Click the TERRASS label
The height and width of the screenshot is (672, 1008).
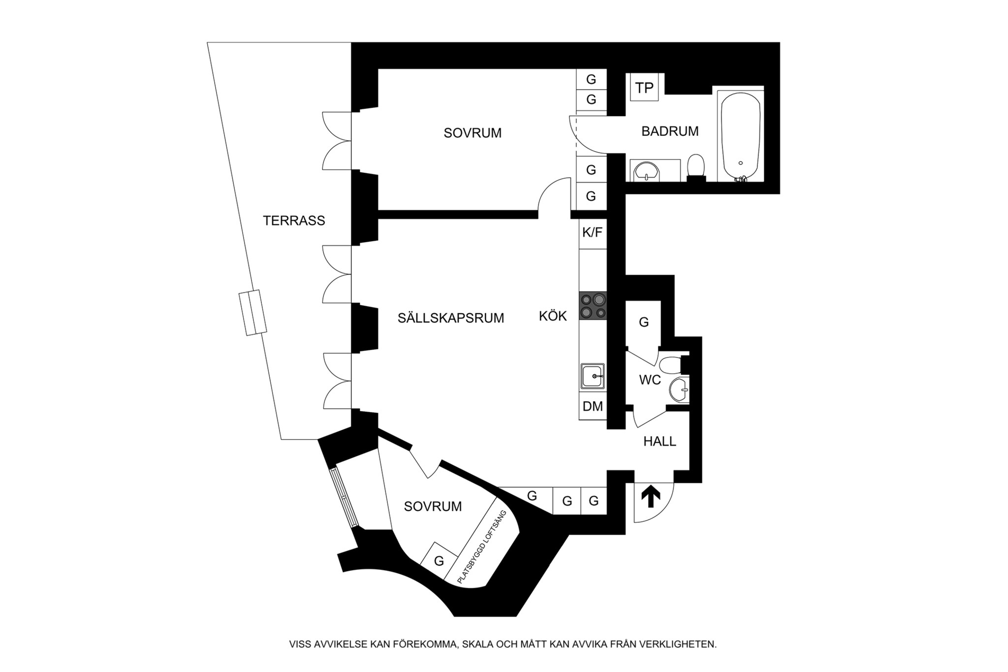click(294, 221)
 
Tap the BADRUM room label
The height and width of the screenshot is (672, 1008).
click(670, 131)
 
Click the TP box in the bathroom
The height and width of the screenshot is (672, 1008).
click(644, 88)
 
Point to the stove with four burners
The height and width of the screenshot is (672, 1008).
click(593, 306)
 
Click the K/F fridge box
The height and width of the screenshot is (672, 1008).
click(592, 233)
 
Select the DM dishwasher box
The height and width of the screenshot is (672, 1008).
click(593, 407)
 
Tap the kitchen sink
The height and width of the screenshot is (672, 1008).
click(593, 377)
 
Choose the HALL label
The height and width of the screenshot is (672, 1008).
click(660, 442)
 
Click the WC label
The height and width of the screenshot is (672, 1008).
click(650, 380)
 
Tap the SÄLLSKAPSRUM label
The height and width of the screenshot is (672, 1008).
click(451, 318)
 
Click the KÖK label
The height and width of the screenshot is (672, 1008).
click(553, 316)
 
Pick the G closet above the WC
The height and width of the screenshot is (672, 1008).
click(643, 322)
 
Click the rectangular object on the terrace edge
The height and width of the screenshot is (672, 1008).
click(252, 313)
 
